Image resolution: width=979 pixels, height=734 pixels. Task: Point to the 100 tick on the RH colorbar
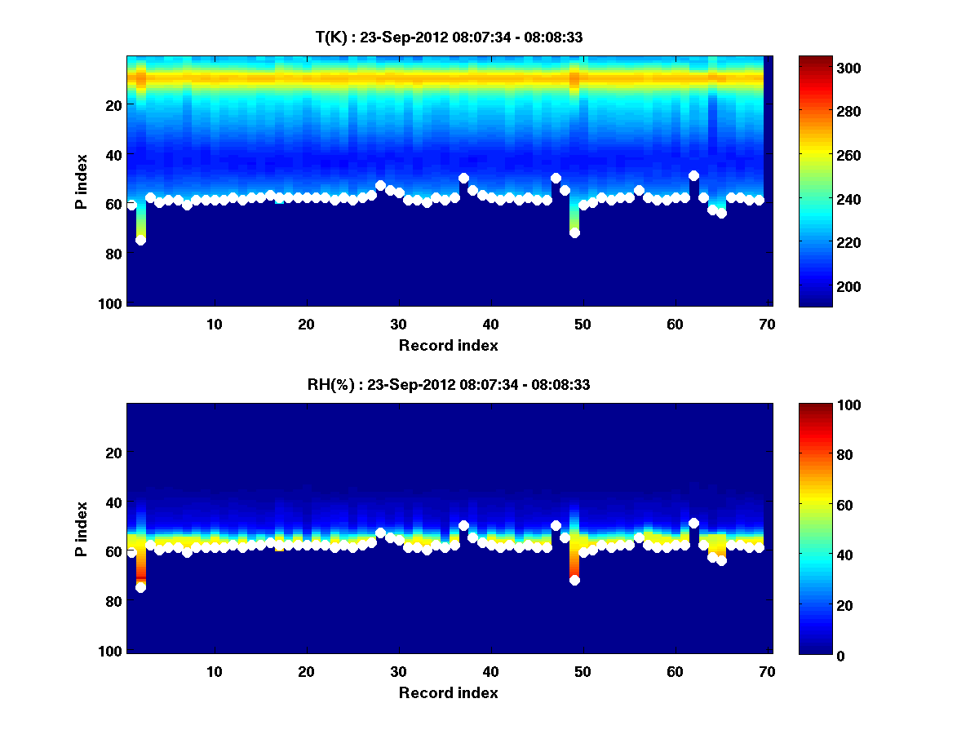click(x=816, y=405)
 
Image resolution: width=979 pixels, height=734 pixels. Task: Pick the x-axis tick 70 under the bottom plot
click(x=767, y=671)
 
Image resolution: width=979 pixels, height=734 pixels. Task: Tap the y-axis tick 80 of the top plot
click(x=113, y=254)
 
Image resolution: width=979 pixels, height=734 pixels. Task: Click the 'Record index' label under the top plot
click(x=448, y=346)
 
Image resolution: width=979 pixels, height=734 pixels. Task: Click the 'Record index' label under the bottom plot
click(x=448, y=693)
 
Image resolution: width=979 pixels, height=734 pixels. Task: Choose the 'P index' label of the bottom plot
click(x=82, y=528)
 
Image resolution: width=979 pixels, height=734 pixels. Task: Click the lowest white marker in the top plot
click(x=140, y=240)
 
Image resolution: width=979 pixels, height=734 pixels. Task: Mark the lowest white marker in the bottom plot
click(x=140, y=587)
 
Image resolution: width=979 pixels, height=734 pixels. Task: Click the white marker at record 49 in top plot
click(x=574, y=232)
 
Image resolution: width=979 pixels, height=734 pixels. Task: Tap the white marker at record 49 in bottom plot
click(x=574, y=580)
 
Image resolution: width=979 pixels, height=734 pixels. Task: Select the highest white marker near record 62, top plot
click(x=693, y=175)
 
